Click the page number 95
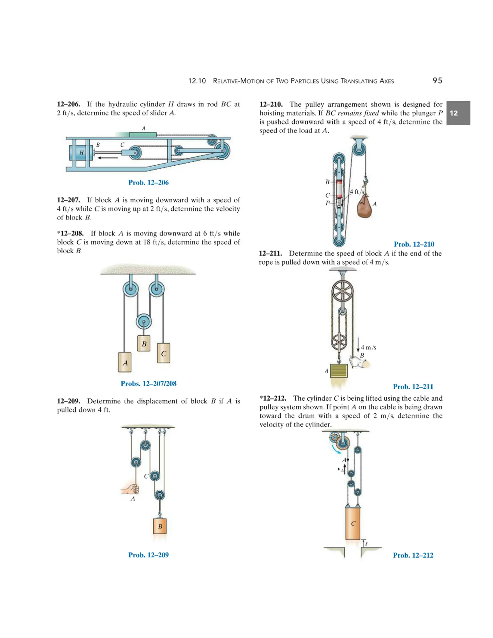coord(437,81)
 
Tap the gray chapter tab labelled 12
coord(458,113)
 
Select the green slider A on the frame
coord(143,134)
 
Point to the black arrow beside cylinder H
coord(107,158)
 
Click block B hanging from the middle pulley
coord(144,344)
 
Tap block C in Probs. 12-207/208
coord(163,353)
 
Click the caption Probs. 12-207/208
coord(148,384)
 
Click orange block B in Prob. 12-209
coord(160,526)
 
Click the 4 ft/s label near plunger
coord(357,192)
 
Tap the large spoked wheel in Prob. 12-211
coord(342,292)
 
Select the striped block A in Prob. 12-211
coord(339,371)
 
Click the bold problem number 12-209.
coord(68,401)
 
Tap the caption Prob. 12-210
coord(414,244)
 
